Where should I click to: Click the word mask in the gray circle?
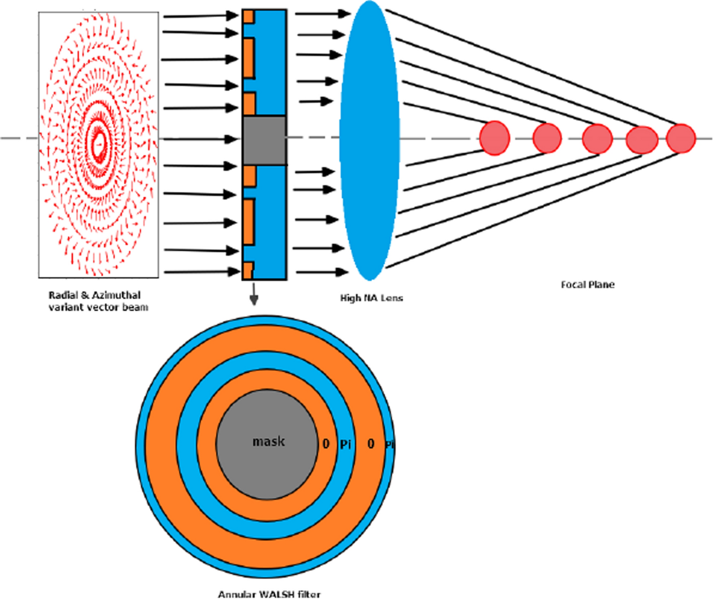269,442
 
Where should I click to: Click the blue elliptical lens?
369,140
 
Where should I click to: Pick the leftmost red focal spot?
495,137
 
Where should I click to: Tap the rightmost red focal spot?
680,138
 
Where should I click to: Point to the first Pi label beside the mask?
345,444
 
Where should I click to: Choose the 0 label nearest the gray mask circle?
326,444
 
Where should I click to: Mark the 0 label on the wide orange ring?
370,444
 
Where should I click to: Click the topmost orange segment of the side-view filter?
248,17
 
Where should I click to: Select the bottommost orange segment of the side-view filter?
248,270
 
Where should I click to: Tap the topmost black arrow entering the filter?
202,18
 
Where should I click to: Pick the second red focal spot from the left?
547,138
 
